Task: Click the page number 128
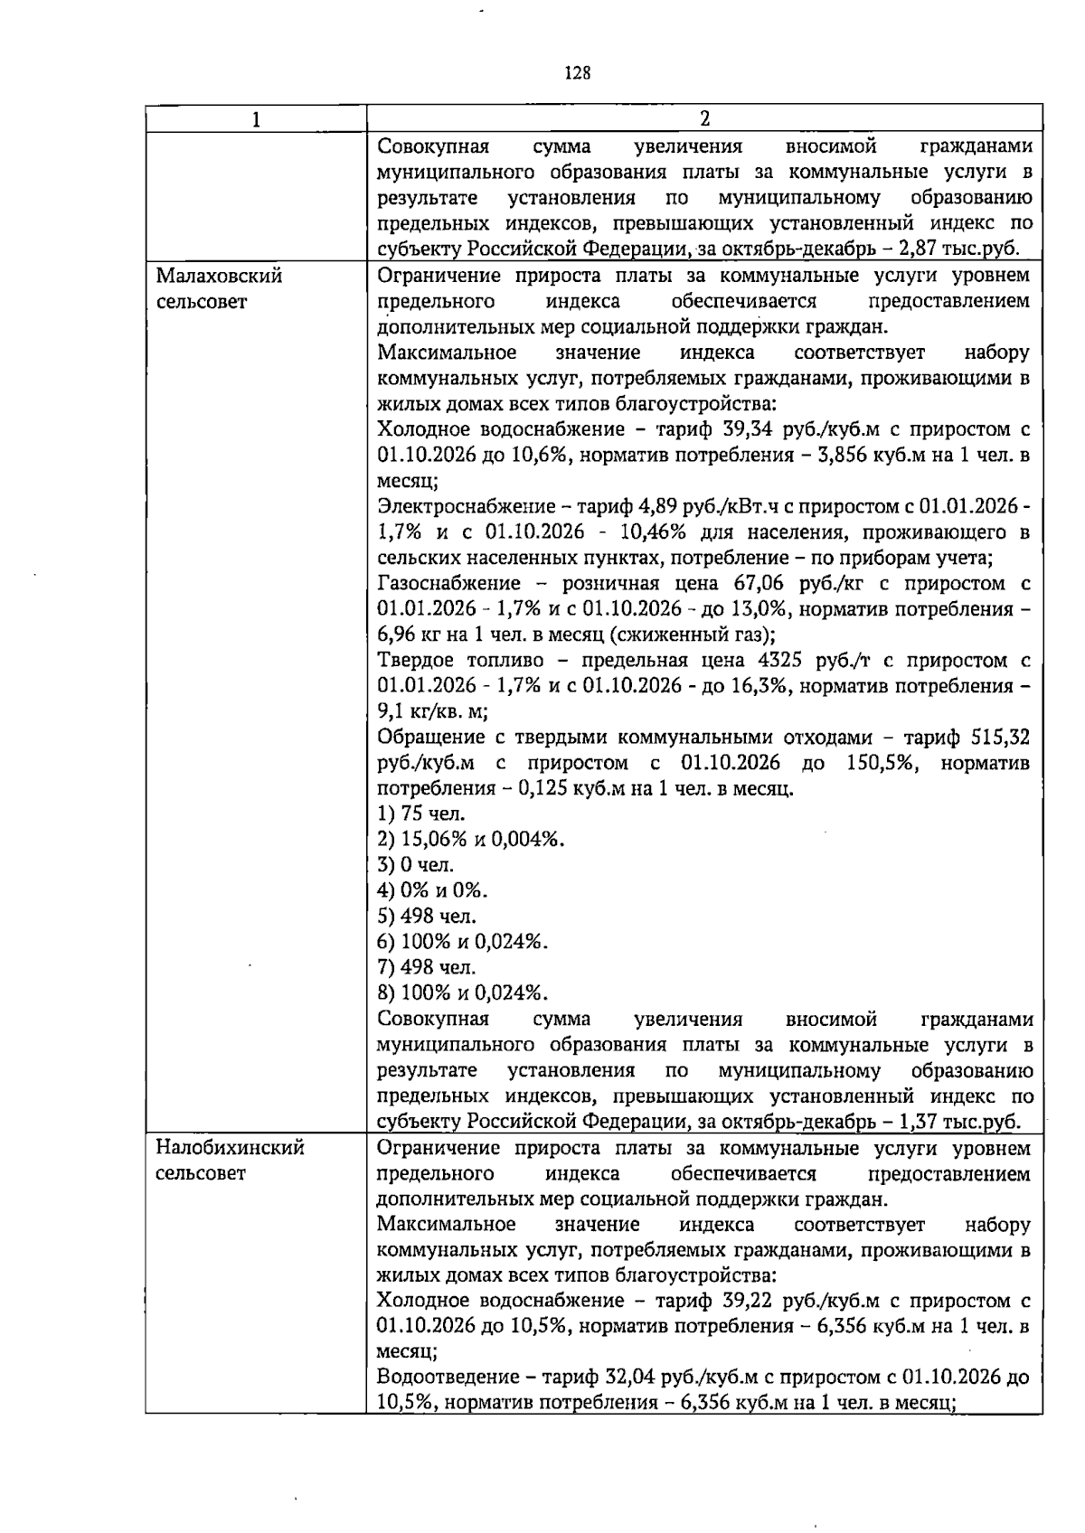pyautogui.click(x=577, y=73)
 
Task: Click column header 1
pyautogui.click(x=256, y=119)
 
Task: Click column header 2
pyautogui.click(x=704, y=119)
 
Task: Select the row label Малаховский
pyautogui.click(x=219, y=276)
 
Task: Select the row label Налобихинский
pyautogui.click(x=231, y=1148)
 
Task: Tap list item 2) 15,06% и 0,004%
pyautogui.click(x=470, y=840)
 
